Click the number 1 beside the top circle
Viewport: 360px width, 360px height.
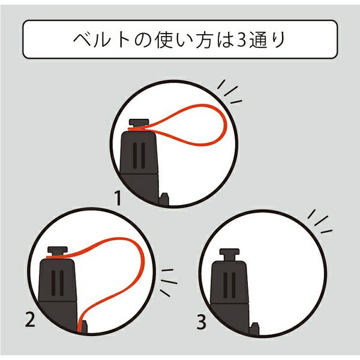(118, 199)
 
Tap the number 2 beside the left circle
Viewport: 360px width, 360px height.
(30, 320)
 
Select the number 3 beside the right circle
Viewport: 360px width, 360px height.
(202, 322)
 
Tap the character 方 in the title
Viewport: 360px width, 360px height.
(204, 40)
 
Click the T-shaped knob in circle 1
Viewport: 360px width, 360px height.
(139, 124)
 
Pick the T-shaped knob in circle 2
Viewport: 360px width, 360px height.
(58, 252)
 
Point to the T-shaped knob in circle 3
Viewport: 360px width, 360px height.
(229, 254)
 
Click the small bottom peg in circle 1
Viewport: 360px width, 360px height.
(164, 199)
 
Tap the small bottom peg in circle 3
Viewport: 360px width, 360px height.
(255, 329)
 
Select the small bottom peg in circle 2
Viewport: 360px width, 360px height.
(83, 326)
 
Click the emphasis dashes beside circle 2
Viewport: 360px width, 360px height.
(169, 282)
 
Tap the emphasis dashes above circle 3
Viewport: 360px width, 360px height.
(320, 222)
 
